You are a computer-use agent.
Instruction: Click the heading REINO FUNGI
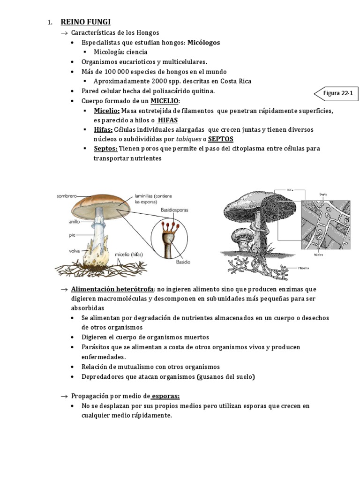point(86,22)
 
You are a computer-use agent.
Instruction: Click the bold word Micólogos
point(203,43)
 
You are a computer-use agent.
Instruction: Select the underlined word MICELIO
point(165,101)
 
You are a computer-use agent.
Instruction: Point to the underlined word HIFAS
point(168,120)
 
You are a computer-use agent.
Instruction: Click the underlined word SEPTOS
point(220,139)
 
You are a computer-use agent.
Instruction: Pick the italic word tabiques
point(187,139)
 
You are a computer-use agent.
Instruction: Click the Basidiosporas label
point(174,210)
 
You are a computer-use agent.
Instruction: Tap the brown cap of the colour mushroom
point(102,201)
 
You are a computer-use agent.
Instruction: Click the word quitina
point(203,91)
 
